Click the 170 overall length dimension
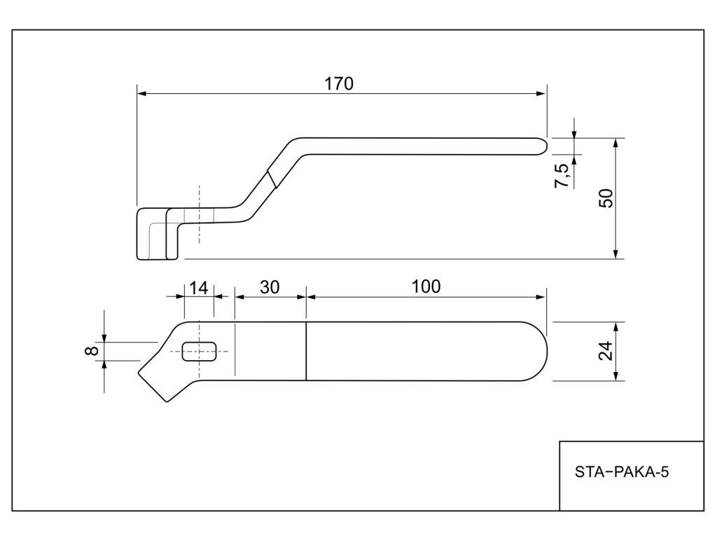339,83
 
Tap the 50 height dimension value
608,198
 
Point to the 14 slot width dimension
199,287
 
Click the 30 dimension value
270,287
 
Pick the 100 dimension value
426,287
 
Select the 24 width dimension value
608,350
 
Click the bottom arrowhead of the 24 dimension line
615,376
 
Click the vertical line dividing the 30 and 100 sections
307,351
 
